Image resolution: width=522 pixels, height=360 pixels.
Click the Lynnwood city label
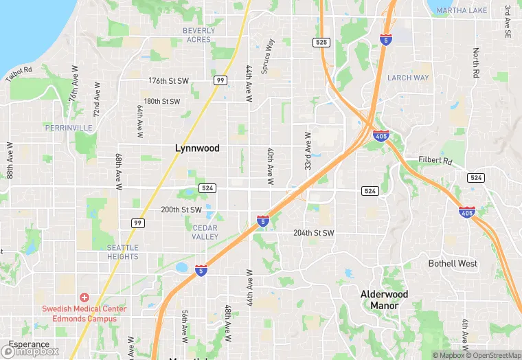197,148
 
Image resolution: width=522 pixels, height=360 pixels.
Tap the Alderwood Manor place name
384,300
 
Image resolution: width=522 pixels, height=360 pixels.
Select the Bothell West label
453,264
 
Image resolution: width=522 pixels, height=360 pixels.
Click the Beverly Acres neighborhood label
199,35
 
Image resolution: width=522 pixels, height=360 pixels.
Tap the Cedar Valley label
205,232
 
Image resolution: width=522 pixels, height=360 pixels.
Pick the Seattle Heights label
122,252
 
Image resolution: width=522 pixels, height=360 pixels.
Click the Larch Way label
408,78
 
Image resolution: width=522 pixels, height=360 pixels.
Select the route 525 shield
321,43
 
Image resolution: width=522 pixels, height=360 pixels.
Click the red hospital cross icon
84,297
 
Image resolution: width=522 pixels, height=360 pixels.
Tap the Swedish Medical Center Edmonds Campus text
84,313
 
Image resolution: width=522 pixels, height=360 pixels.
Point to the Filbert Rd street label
435,161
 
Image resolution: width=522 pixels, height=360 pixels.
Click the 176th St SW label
168,81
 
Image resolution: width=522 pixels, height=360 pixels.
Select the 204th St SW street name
313,233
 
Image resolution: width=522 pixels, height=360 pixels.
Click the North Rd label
475,62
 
